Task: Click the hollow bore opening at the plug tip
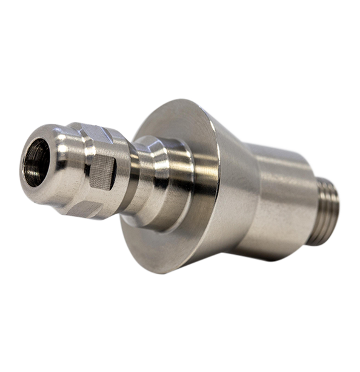(36, 162)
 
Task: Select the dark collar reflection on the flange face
(203, 182)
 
